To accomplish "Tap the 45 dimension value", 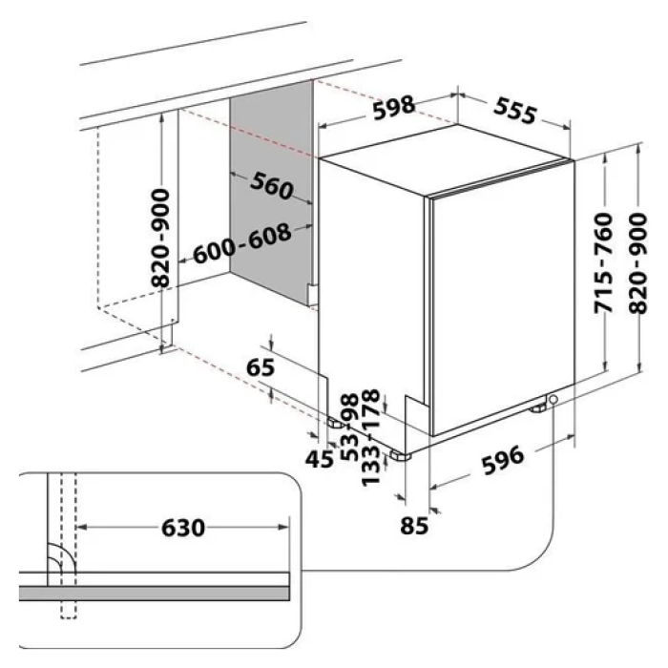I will (x=321, y=460).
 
